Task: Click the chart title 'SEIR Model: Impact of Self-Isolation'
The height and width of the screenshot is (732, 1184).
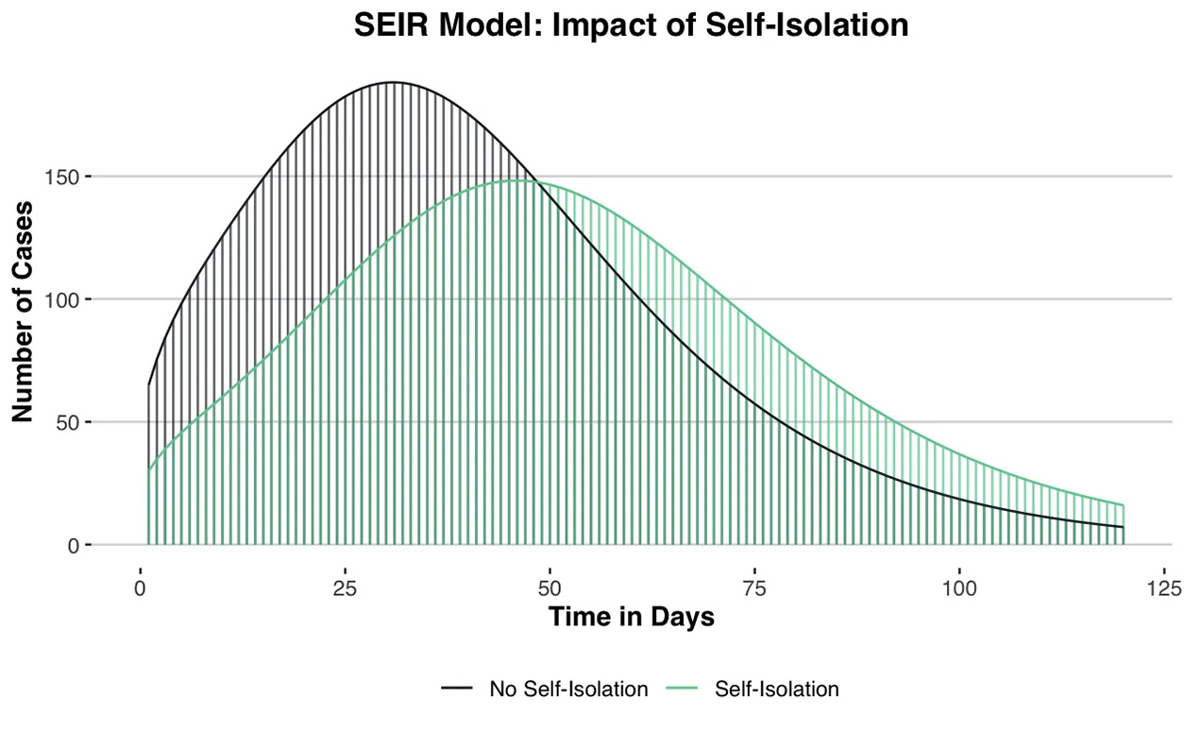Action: (631, 26)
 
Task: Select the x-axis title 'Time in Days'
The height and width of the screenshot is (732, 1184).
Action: (631, 618)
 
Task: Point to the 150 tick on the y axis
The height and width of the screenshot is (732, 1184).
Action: (63, 177)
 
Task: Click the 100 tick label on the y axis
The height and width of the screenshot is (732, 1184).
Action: (63, 299)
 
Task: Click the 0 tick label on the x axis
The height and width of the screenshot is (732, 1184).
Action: (141, 589)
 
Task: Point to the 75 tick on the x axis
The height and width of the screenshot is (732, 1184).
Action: (754, 589)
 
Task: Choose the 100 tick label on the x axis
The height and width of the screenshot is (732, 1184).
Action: (959, 589)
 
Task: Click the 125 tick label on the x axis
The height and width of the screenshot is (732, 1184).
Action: (1164, 589)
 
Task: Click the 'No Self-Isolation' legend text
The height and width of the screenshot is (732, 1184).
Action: (568, 689)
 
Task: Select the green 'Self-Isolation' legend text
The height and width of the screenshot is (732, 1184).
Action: (776, 689)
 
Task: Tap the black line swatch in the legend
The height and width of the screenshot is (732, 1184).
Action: (457, 689)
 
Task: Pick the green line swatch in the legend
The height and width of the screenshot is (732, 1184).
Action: (682, 689)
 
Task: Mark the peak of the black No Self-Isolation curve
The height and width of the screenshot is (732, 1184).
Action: (394, 82)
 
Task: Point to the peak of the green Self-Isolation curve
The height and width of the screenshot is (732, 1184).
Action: (517, 180)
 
